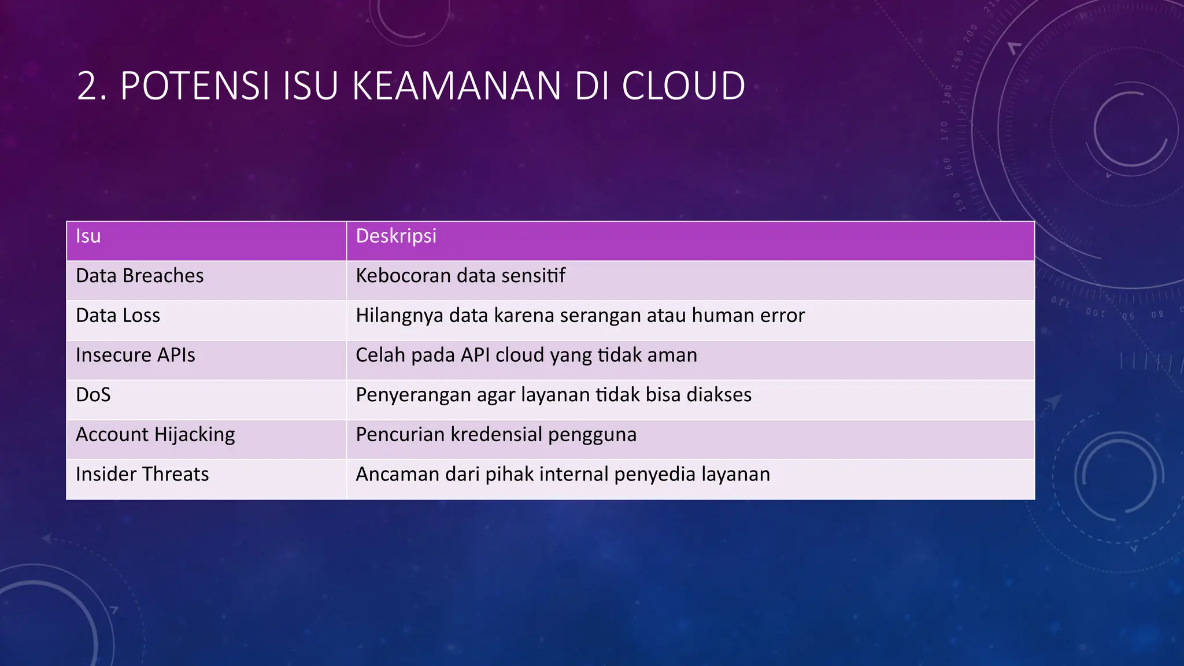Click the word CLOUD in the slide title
[x=683, y=86]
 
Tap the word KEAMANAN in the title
[x=456, y=86]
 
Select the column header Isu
[x=88, y=236]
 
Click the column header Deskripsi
[x=396, y=236]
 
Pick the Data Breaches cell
[x=140, y=276]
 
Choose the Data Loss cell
[x=118, y=316]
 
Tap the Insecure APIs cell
[x=135, y=355]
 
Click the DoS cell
[x=93, y=395]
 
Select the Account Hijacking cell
[x=155, y=435]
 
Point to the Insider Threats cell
[x=142, y=475]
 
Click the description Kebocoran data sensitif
[x=460, y=276]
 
